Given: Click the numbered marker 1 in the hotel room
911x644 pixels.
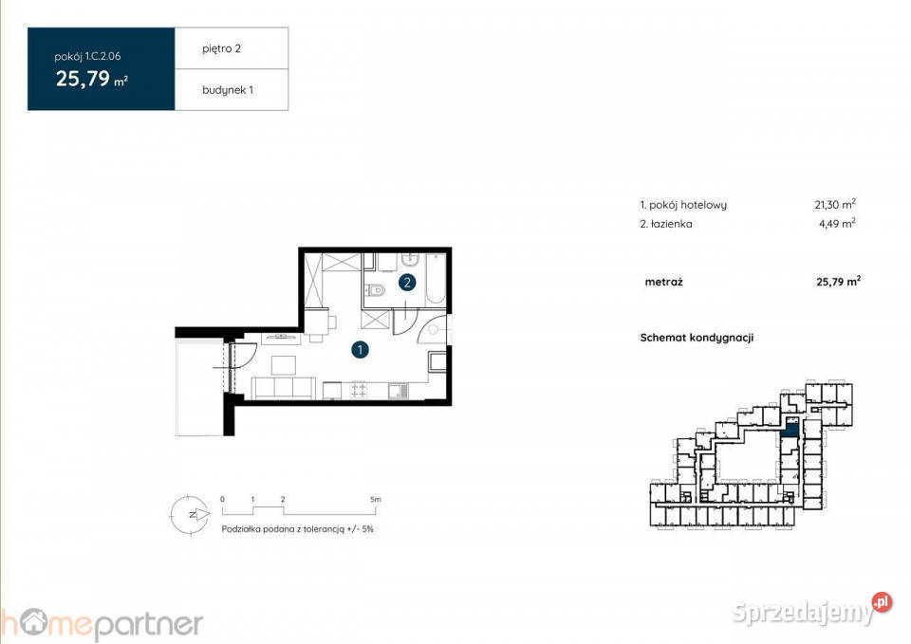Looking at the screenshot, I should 361,350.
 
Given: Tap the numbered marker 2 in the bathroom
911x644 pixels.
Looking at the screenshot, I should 407,281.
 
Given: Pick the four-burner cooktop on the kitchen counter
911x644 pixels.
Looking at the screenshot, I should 360,389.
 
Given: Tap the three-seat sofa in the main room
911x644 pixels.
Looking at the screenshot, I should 284,387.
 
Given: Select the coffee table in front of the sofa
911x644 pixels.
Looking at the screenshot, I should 283,364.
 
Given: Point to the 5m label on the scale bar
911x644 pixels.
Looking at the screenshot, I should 376,498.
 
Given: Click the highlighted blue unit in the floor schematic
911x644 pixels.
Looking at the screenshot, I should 790,427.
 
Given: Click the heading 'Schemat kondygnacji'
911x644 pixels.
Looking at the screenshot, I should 697,337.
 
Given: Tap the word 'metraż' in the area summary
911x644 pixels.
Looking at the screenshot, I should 664,282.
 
